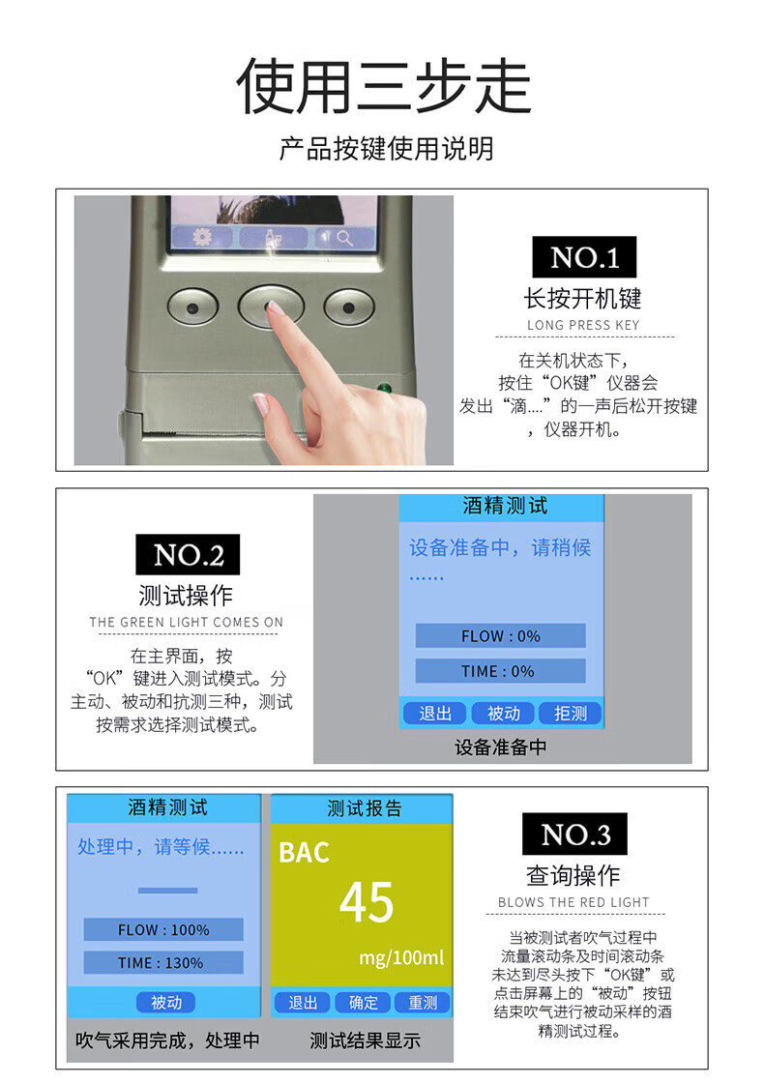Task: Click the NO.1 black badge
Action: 584,257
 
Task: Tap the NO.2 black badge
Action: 188,554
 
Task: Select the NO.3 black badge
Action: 574,834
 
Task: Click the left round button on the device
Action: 192,307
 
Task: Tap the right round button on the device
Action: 349,307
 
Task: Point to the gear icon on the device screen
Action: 202,237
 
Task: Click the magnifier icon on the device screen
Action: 344,239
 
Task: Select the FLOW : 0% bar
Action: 501,635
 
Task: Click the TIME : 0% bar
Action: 501,670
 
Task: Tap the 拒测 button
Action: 571,713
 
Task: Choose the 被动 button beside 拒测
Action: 503,713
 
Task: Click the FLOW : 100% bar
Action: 163,929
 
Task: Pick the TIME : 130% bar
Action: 163,962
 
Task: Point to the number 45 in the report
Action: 367,902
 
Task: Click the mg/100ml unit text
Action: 401,957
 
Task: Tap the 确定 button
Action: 363,1003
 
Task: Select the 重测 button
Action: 423,1003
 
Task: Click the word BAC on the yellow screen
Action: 305,853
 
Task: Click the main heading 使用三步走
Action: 384,86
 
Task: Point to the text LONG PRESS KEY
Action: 583,325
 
